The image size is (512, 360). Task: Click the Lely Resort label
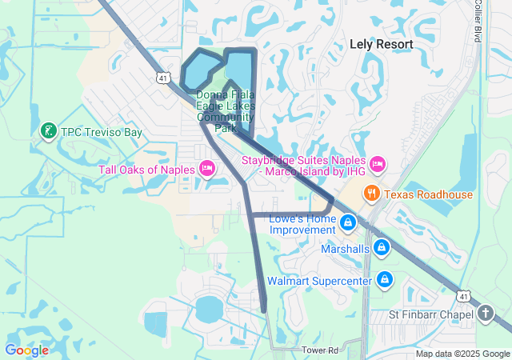pyautogui.click(x=382, y=44)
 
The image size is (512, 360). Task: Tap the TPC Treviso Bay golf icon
pyautogui.click(x=48, y=130)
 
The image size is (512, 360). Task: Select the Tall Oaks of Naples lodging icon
pyautogui.click(x=207, y=168)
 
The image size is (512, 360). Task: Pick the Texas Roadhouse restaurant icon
pyautogui.click(x=371, y=194)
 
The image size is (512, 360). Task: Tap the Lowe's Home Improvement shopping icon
pyautogui.click(x=347, y=222)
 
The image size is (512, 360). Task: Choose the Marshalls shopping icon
pyautogui.click(x=382, y=248)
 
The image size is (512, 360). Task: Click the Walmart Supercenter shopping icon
pyautogui.click(x=385, y=280)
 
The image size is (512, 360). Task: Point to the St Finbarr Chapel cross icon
pyautogui.click(x=486, y=314)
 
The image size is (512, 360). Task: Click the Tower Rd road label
pyautogui.click(x=320, y=350)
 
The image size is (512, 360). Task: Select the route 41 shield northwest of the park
pyautogui.click(x=163, y=78)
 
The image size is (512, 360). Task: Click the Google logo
pyautogui.click(x=26, y=350)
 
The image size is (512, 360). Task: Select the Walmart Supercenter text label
pyautogui.click(x=319, y=281)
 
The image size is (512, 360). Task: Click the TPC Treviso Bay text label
pyautogui.click(x=102, y=131)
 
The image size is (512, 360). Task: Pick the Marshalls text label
pyautogui.click(x=345, y=249)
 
